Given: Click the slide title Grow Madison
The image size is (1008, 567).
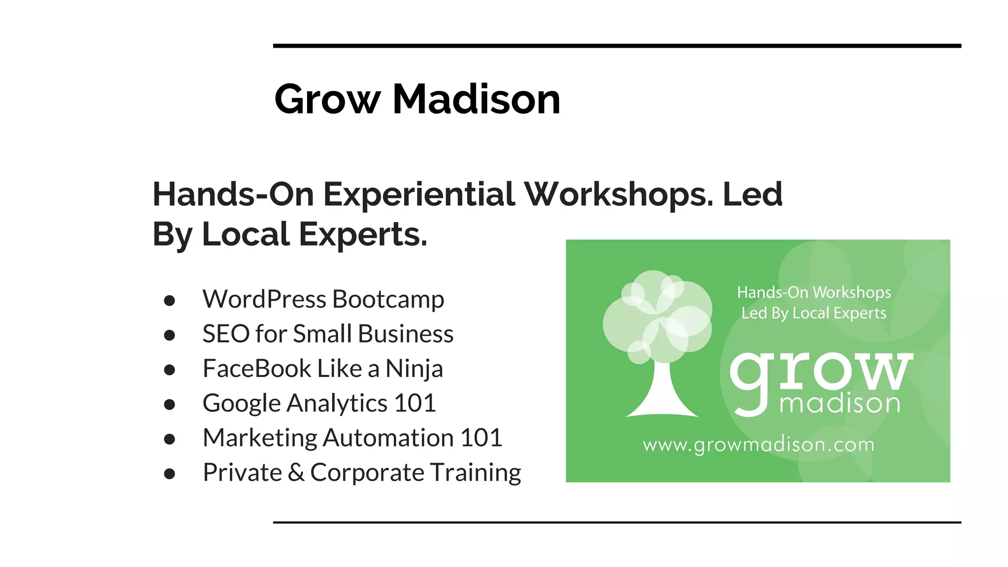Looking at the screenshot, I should pyautogui.click(x=417, y=99).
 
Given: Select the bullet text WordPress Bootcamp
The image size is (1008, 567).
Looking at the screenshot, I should pyautogui.click(x=323, y=299).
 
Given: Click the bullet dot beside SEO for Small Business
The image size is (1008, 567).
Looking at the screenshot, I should pyautogui.click(x=170, y=335).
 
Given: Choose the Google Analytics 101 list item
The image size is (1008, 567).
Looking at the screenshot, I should pyautogui.click(x=319, y=403).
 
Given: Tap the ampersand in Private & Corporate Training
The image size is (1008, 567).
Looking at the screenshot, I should pyautogui.click(x=296, y=472).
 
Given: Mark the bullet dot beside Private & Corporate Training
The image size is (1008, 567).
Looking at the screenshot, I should pyautogui.click(x=170, y=473).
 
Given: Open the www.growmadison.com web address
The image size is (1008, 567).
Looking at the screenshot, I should pyautogui.click(x=758, y=445).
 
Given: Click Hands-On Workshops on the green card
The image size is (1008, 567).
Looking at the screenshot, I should pyautogui.click(x=814, y=292).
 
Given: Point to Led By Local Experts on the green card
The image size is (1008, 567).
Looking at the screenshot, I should pyautogui.click(x=814, y=313).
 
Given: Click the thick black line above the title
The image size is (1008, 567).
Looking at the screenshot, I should pyautogui.click(x=617, y=46).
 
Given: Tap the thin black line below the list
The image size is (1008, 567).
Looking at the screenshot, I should pyautogui.click(x=617, y=522).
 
